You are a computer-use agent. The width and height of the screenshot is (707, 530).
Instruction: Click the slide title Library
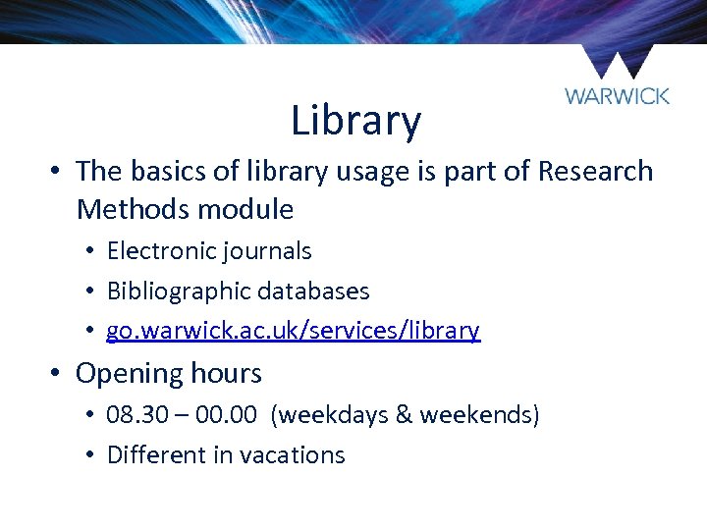coord(355,122)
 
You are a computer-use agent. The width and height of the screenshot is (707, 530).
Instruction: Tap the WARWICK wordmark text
coord(617,95)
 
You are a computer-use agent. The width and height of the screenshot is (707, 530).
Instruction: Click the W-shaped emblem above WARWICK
coord(617,62)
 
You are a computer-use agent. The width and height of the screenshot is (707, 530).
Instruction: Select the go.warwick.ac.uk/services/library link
coord(293,331)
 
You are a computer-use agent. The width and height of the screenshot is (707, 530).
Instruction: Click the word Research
coord(595,171)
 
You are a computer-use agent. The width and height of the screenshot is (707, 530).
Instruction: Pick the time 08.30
coord(136,415)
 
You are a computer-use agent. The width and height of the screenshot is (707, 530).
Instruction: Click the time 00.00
coord(228,415)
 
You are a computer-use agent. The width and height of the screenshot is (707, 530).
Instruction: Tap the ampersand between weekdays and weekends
coord(402,415)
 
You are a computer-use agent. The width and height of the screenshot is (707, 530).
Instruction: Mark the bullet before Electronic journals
coord(89,251)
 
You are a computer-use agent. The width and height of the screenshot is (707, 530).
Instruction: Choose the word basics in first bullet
coord(165,171)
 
